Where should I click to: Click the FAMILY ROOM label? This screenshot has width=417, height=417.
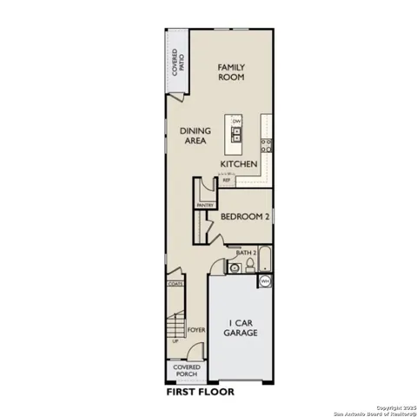(230, 72)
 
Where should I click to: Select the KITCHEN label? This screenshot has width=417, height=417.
(238, 164)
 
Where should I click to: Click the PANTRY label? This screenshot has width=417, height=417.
(205, 205)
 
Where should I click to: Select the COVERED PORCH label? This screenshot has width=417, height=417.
(187, 371)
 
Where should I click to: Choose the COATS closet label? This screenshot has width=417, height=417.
(175, 282)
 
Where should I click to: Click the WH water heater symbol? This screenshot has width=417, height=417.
(264, 281)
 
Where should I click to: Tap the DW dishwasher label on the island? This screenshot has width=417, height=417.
(236, 120)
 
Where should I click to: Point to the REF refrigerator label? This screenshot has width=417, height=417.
(226, 181)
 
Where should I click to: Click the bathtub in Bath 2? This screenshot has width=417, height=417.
(265, 260)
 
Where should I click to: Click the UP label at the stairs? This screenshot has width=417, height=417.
(175, 342)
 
